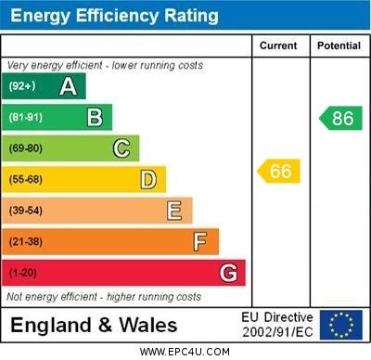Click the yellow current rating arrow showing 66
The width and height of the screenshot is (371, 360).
point(279,171)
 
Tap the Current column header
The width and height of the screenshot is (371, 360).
point(278,45)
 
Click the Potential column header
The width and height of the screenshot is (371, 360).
point(339,45)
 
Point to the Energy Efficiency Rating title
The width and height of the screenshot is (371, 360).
point(113,16)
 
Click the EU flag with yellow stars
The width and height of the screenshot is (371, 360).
point(341,325)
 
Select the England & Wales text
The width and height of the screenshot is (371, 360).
point(94,326)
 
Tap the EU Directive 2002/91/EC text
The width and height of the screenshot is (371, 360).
point(277,325)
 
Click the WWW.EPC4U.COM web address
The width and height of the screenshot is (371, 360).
point(185,352)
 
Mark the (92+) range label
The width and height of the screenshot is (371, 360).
point(23,86)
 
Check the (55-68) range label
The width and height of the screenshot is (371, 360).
point(27,180)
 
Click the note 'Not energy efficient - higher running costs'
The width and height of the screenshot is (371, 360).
point(104,297)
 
